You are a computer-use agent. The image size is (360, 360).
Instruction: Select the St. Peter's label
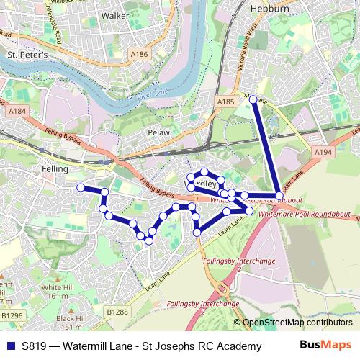pyautogui.click(x=27, y=54)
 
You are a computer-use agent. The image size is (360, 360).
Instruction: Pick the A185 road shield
pyautogui.click(x=226, y=103)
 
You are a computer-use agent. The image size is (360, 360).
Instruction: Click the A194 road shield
pyautogui.click(x=323, y=153)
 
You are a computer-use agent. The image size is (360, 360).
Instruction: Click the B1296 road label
pyautogui.click(x=12, y=315)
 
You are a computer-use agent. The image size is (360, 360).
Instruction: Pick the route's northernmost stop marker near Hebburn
pyautogui.click(x=253, y=99)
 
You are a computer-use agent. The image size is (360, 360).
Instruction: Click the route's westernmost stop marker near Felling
pyautogui.click(x=81, y=187)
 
